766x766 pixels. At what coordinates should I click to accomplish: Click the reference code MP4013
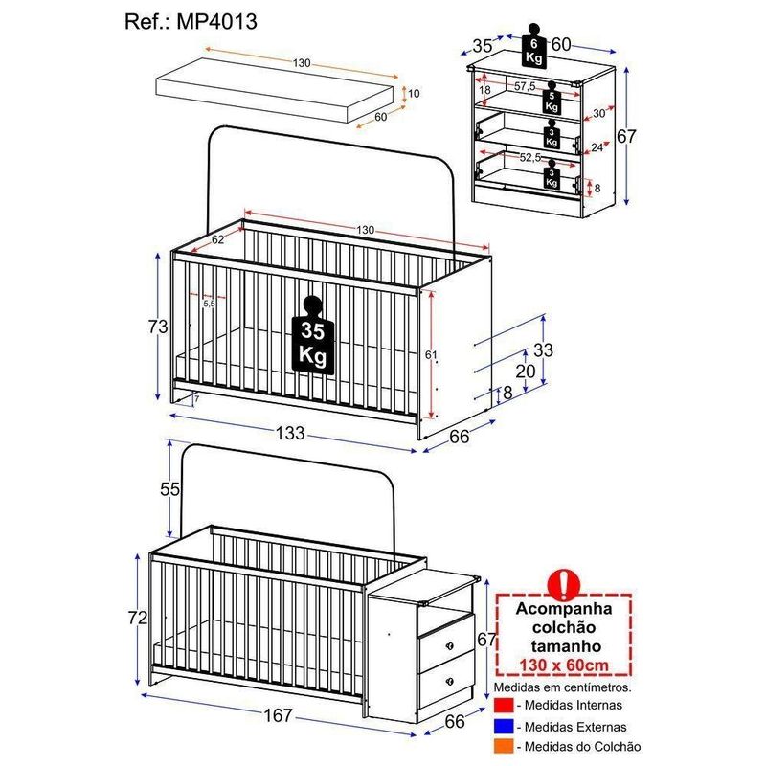(217, 22)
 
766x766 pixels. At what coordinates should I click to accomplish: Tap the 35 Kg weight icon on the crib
(313, 335)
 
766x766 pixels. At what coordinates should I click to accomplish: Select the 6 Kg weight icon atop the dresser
(534, 45)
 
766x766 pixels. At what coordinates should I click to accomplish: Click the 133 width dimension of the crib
(290, 433)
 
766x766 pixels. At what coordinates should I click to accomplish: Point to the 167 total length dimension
(278, 715)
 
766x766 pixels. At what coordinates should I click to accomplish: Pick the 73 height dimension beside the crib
(158, 327)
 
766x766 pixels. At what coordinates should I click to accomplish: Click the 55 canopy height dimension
(170, 489)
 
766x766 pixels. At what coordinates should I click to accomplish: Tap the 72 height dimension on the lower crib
(138, 618)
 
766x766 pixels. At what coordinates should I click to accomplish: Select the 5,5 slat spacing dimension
(209, 304)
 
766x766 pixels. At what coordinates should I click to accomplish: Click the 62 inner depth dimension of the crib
(218, 239)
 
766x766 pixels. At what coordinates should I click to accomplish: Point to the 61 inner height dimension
(430, 355)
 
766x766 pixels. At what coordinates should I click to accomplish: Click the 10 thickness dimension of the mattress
(414, 93)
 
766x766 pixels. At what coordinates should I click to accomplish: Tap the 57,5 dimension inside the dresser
(525, 86)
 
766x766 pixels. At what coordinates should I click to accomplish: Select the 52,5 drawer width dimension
(530, 157)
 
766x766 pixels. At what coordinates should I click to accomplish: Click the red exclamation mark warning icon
(564, 584)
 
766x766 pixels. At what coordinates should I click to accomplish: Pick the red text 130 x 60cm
(564, 665)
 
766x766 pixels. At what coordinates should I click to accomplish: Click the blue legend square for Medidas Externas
(504, 727)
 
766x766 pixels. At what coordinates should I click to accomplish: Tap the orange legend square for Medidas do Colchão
(504, 747)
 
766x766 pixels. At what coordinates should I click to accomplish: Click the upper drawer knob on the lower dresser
(450, 646)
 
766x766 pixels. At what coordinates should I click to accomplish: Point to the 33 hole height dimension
(543, 350)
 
